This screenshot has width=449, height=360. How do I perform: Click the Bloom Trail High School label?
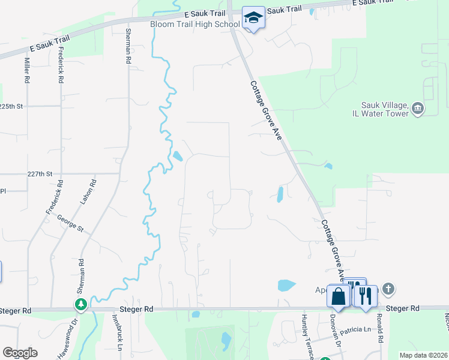(x=194, y=24)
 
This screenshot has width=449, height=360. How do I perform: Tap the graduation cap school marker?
(x=253, y=18)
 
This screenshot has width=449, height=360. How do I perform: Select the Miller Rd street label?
(x=27, y=71)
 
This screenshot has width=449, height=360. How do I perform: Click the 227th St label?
(x=40, y=173)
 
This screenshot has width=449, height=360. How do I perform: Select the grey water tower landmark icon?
(x=418, y=109)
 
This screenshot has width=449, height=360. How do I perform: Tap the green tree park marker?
(x=80, y=305)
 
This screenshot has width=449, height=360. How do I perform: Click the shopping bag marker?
(x=339, y=296)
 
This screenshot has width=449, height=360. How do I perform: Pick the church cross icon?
(x=388, y=290)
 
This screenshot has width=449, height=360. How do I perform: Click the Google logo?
(x=20, y=353)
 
